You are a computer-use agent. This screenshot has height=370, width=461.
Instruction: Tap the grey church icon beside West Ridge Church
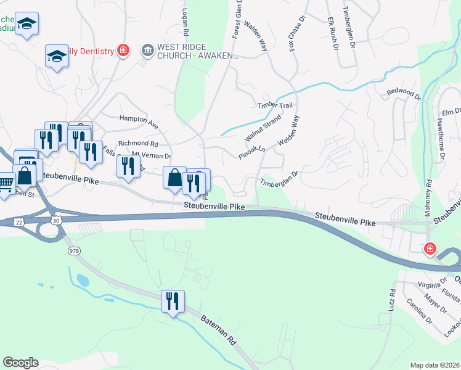pyautogui.click(x=147, y=50)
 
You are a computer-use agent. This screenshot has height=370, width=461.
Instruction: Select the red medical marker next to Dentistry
pyautogui.click(x=123, y=51)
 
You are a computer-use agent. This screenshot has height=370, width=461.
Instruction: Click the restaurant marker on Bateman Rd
pyautogui.click(x=172, y=301)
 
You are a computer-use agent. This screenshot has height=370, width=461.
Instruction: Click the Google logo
pyautogui.click(x=20, y=363)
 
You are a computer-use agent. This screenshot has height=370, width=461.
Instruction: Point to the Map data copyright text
pyautogui.click(x=434, y=365)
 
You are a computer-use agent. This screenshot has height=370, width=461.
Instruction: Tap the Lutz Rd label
pyautogui.click(x=391, y=300)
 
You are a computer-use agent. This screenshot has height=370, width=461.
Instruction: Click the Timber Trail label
pyautogui.click(x=275, y=105)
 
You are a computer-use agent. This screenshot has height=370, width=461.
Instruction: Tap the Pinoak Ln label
pyautogui.click(x=252, y=152)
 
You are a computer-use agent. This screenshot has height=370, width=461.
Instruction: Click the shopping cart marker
pyautogui.click(x=6, y=183)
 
